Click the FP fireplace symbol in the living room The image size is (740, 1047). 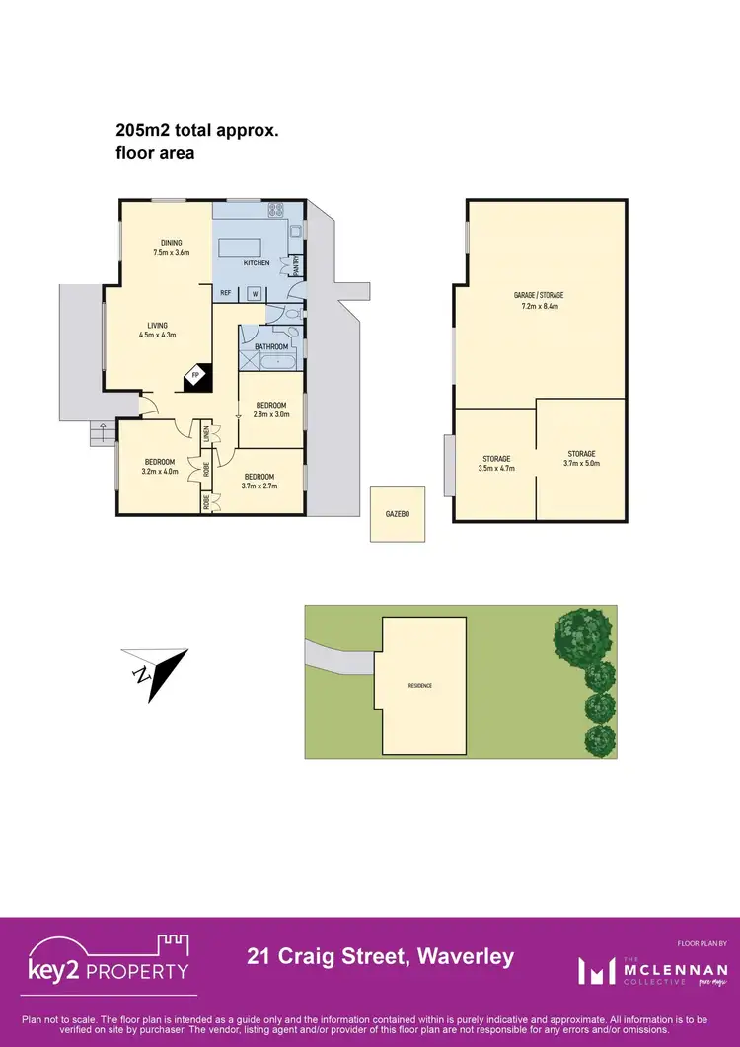(195, 375)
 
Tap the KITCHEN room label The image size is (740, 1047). (257, 262)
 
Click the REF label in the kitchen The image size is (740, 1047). (225, 293)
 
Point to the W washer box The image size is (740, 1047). (255, 293)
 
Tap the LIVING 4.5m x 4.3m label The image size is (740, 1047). (158, 330)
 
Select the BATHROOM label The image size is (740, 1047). (271, 346)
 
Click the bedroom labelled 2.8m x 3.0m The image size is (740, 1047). (271, 411)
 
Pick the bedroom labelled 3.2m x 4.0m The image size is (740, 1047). (160, 467)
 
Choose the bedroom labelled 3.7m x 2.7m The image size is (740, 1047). (261, 481)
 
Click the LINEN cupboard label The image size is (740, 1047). (207, 433)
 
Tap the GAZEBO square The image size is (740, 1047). (398, 514)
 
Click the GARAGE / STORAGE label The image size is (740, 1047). (538, 300)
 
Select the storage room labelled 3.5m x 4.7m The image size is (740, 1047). (496, 463)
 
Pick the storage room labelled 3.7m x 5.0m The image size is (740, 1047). (581, 458)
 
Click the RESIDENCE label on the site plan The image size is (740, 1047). (420, 685)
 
